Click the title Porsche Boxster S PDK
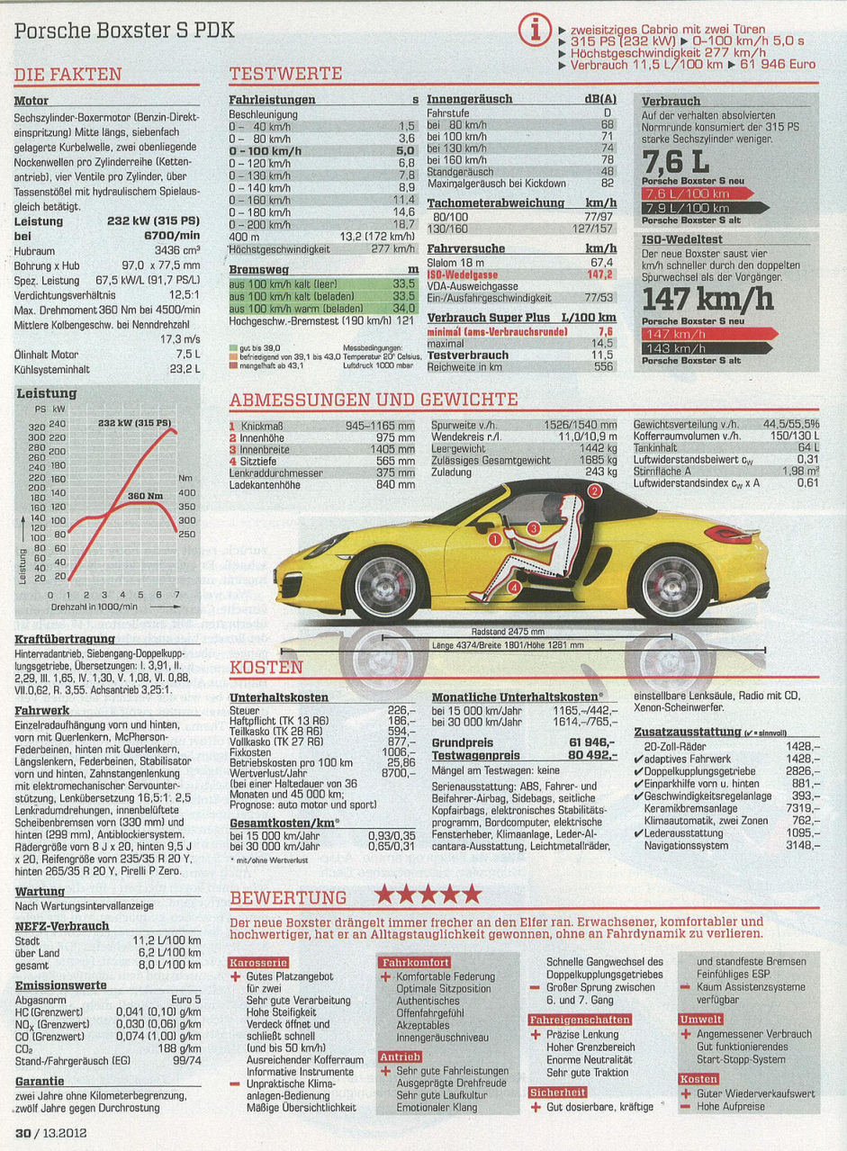(124, 31)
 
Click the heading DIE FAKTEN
(68, 75)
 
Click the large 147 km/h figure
(707, 298)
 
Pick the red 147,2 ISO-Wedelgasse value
(599, 274)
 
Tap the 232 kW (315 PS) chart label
(134, 422)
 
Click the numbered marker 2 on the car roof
(594, 491)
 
